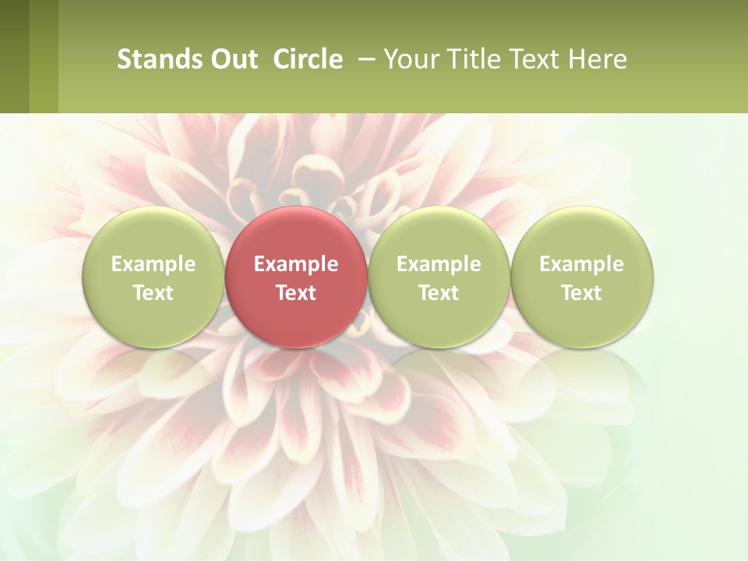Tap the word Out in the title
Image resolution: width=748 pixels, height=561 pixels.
pyautogui.click(x=231, y=59)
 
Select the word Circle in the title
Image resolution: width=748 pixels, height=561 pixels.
pyautogui.click(x=308, y=59)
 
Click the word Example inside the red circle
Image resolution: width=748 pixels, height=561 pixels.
pyautogui.click(x=296, y=264)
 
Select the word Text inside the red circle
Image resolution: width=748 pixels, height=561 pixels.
pyautogui.click(x=296, y=293)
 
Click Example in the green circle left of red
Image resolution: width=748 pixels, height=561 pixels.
pyautogui.click(x=153, y=264)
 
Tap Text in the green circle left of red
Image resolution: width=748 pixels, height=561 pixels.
pyautogui.click(x=153, y=293)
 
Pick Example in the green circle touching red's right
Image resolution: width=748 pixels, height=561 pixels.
pyautogui.click(x=439, y=264)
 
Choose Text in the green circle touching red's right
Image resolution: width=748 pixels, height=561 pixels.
pyautogui.click(x=439, y=293)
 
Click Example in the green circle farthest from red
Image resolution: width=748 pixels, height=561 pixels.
pyautogui.click(x=581, y=264)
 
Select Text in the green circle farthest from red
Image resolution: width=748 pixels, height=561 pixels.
pyautogui.click(x=581, y=293)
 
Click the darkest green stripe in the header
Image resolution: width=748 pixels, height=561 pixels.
pyautogui.click(x=14, y=56)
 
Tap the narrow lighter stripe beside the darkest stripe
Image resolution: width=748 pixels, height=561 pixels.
pyautogui.click(x=44, y=56)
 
